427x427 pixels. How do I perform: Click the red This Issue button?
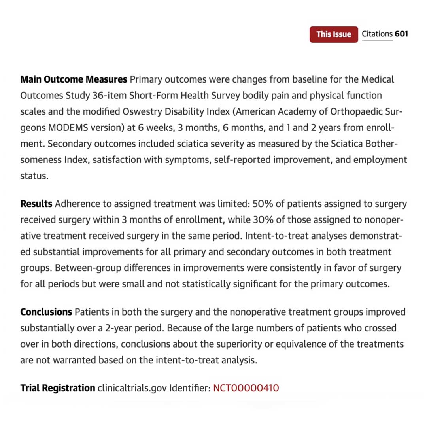pyautogui.click(x=334, y=34)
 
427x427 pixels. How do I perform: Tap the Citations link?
pyautogui.click(x=377, y=34)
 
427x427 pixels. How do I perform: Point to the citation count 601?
pyautogui.click(x=401, y=34)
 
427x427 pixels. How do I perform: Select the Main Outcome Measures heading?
pyautogui.click(x=74, y=79)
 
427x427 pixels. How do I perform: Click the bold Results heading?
pyautogui.click(x=36, y=204)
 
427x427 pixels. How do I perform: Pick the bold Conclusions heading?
pyautogui.click(x=46, y=312)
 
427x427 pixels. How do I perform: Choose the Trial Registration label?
pyautogui.click(x=58, y=388)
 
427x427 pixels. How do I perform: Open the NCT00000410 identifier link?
pyautogui.click(x=246, y=388)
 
